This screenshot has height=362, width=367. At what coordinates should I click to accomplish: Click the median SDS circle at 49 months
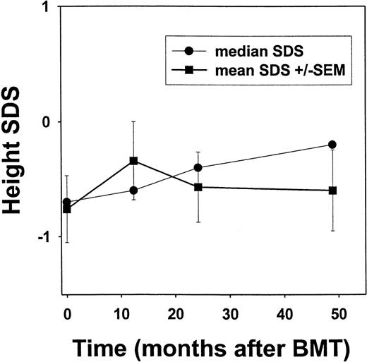coord(332,145)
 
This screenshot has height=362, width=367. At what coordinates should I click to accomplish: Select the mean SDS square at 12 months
coord(133,161)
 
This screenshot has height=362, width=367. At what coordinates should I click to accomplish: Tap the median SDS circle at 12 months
coord(133,191)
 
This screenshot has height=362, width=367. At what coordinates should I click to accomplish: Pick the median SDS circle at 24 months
coord(198,168)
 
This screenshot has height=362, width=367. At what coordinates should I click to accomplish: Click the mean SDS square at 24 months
coord(198,187)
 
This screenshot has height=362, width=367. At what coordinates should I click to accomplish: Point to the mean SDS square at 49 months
coord(332,191)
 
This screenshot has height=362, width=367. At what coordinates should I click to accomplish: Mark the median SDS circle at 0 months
coord(67,202)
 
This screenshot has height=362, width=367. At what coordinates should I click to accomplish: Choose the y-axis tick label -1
coord(44,236)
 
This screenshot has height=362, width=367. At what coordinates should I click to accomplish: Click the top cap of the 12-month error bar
coord(133,121)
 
